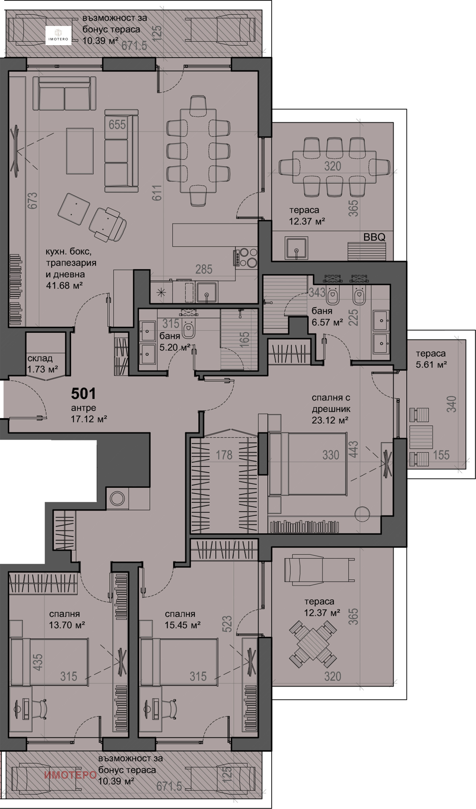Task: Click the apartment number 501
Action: [83, 393]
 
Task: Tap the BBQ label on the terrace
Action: [374, 237]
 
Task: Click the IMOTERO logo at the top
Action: [58, 35]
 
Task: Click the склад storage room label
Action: [40, 358]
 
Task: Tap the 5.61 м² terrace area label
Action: [432, 364]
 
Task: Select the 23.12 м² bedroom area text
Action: [330, 420]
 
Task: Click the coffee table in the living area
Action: [80, 151]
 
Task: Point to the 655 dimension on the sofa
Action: [117, 125]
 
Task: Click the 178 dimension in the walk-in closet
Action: [224, 455]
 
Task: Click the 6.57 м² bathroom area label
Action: [327, 322]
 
